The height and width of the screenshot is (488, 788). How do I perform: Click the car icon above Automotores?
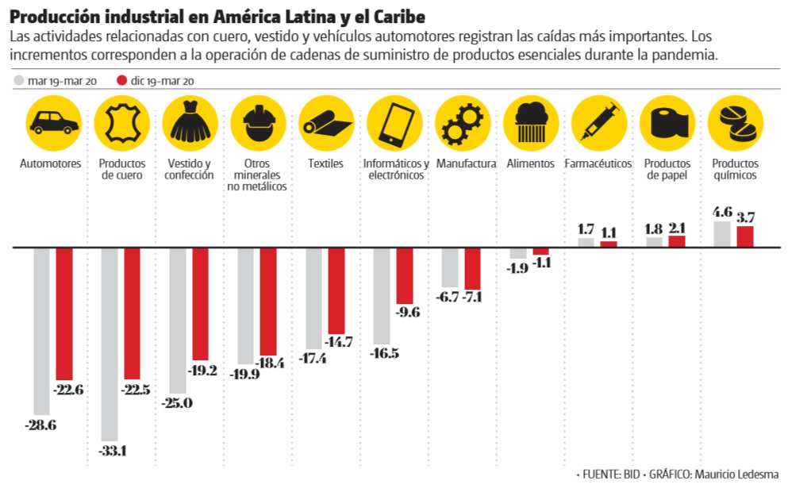click(53, 124)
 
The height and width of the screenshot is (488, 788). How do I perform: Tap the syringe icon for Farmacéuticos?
click(598, 124)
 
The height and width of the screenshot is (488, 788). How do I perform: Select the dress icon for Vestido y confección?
click(190, 124)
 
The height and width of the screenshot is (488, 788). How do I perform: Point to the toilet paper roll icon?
click(667, 124)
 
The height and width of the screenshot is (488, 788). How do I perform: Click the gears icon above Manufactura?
click(462, 124)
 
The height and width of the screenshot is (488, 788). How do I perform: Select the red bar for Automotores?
click(63, 313)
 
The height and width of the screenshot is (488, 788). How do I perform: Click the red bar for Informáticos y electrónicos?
click(405, 275)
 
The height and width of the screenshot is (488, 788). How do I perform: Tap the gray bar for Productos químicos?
click(722, 234)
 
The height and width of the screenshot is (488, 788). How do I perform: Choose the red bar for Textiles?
click(336, 290)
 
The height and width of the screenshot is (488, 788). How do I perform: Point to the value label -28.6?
click(41, 425)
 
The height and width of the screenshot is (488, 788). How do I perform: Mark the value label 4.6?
click(722, 212)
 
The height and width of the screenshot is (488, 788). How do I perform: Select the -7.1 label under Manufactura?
click(473, 298)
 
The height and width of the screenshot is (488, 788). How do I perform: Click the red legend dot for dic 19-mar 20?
click(121, 81)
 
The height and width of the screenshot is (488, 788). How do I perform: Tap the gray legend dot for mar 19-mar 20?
click(19, 81)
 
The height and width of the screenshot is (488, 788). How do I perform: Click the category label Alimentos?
click(530, 163)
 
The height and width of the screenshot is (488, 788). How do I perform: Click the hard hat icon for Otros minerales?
click(258, 124)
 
